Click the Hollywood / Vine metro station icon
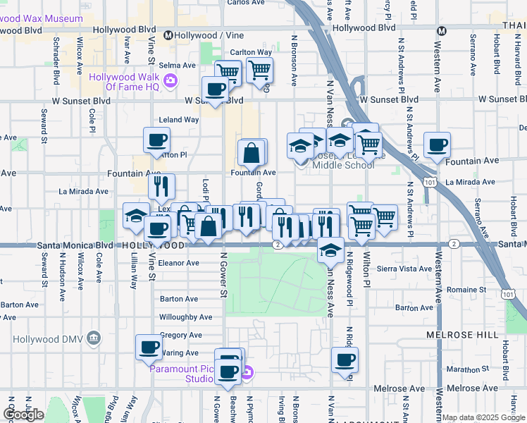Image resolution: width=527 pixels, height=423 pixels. (168, 35)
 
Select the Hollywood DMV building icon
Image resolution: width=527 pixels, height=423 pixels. (93, 340)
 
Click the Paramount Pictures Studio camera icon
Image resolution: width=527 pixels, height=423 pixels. (246, 373)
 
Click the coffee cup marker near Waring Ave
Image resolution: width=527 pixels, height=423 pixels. (149, 347)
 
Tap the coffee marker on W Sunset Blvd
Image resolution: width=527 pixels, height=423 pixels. (215, 89)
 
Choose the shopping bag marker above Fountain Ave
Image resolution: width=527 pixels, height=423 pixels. (252, 152)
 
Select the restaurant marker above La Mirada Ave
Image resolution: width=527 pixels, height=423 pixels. (161, 186)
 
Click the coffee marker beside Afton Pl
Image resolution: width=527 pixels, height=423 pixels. (157, 139)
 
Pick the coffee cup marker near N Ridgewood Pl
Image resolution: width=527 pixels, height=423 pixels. (345, 360)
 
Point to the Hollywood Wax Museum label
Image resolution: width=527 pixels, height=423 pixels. (42, 18)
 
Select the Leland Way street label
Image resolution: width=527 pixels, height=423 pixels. (179, 120)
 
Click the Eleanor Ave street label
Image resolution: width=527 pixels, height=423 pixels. (179, 262)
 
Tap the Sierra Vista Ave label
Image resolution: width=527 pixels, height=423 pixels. (405, 269)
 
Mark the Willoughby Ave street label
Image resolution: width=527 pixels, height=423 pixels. (180, 317)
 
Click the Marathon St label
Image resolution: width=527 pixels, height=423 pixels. (462, 369)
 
